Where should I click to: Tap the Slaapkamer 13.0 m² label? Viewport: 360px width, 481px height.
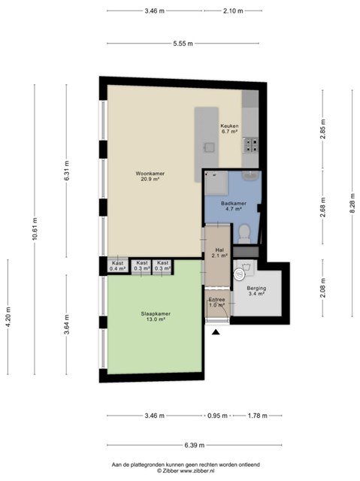point(156,316)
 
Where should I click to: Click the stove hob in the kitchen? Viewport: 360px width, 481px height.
point(250,145)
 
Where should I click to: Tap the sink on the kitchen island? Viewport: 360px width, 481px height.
point(210,148)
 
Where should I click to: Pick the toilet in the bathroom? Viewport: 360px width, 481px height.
point(244,234)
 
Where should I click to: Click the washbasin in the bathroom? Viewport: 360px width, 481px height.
point(251,176)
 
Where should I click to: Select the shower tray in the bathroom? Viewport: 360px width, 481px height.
point(216,183)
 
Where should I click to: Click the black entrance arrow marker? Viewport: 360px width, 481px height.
point(216,332)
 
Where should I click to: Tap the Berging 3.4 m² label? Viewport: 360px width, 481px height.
point(256,291)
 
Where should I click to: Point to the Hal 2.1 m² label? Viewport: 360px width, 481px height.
point(219,253)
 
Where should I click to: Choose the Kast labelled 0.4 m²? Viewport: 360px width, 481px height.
point(117,266)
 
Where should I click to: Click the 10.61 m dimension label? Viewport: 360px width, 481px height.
point(35,228)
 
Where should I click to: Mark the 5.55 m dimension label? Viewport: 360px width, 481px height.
point(183,44)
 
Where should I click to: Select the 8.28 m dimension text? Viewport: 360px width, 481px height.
point(352,204)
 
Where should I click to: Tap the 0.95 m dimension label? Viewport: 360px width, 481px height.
point(217,416)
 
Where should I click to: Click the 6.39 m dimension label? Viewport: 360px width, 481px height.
point(195,445)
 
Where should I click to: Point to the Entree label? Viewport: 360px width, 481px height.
point(216,300)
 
